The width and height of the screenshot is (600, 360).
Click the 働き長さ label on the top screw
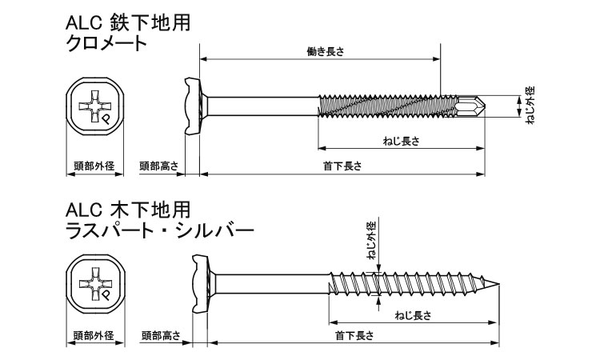point(326,52)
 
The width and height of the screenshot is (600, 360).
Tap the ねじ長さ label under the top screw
point(402,141)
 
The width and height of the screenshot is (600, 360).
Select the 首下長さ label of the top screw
point(342,166)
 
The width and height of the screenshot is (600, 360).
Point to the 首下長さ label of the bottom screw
point(354,336)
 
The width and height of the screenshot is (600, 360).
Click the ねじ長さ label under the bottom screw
point(414,316)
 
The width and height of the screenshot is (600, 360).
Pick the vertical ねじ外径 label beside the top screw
point(530,106)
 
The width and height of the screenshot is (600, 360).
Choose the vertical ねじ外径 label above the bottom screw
point(372,241)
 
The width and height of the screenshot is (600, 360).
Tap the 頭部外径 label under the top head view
point(94,166)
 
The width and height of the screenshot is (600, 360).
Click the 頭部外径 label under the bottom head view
point(94,336)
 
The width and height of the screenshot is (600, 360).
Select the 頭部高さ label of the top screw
point(159,166)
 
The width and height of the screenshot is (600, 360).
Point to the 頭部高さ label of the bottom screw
point(161,336)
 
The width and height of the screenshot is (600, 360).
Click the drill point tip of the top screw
point(486,106)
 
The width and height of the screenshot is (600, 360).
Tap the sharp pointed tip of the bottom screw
point(499,284)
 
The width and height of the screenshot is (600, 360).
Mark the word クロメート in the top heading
point(106,43)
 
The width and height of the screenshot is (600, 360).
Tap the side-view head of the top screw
point(194,106)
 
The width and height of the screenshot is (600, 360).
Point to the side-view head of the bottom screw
point(201,284)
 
